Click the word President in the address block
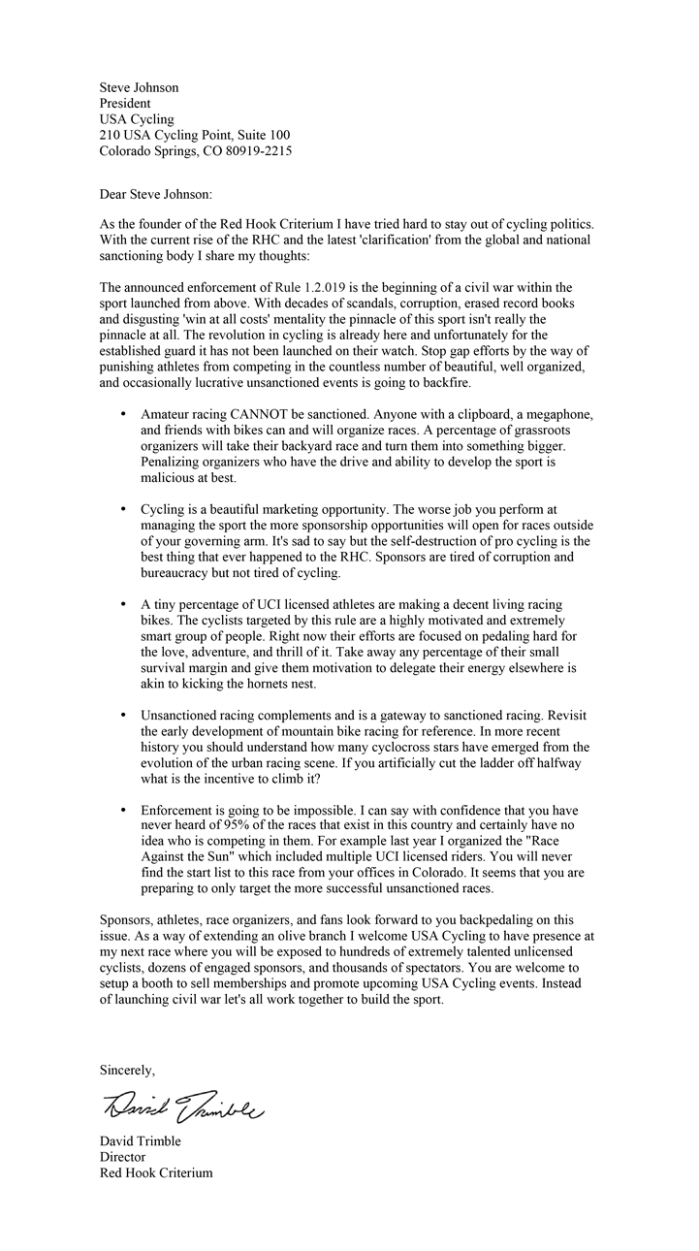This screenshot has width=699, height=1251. [x=125, y=103]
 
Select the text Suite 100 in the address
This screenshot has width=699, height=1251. [x=263, y=135]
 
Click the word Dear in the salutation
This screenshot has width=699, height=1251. [x=114, y=195]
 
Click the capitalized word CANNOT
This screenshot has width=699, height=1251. [x=262, y=415]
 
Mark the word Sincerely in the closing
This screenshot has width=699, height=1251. [x=127, y=1070]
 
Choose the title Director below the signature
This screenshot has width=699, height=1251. [x=122, y=1157]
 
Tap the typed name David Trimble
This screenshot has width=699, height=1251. [x=141, y=1141]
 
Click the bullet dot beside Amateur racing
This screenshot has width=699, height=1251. [x=123, y=415]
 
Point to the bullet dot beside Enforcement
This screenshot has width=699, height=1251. [x=123, y=808]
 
